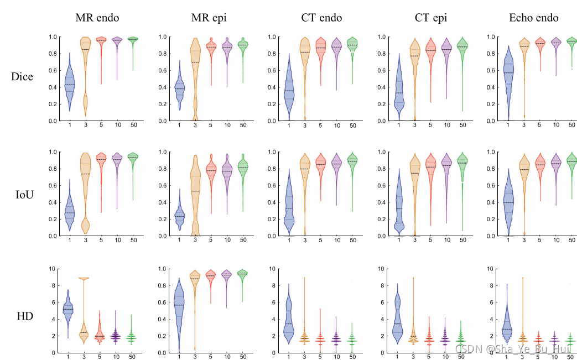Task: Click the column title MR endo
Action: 99,18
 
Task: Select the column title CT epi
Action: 430,18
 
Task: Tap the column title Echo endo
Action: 533,18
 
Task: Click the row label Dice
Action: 22,76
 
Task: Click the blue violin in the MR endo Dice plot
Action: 69,83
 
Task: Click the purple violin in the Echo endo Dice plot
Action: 556,43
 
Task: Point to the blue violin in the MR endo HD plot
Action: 69,310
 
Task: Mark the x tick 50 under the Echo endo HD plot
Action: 572,358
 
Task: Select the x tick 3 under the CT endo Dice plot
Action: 304,126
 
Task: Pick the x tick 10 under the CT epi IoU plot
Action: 446,241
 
